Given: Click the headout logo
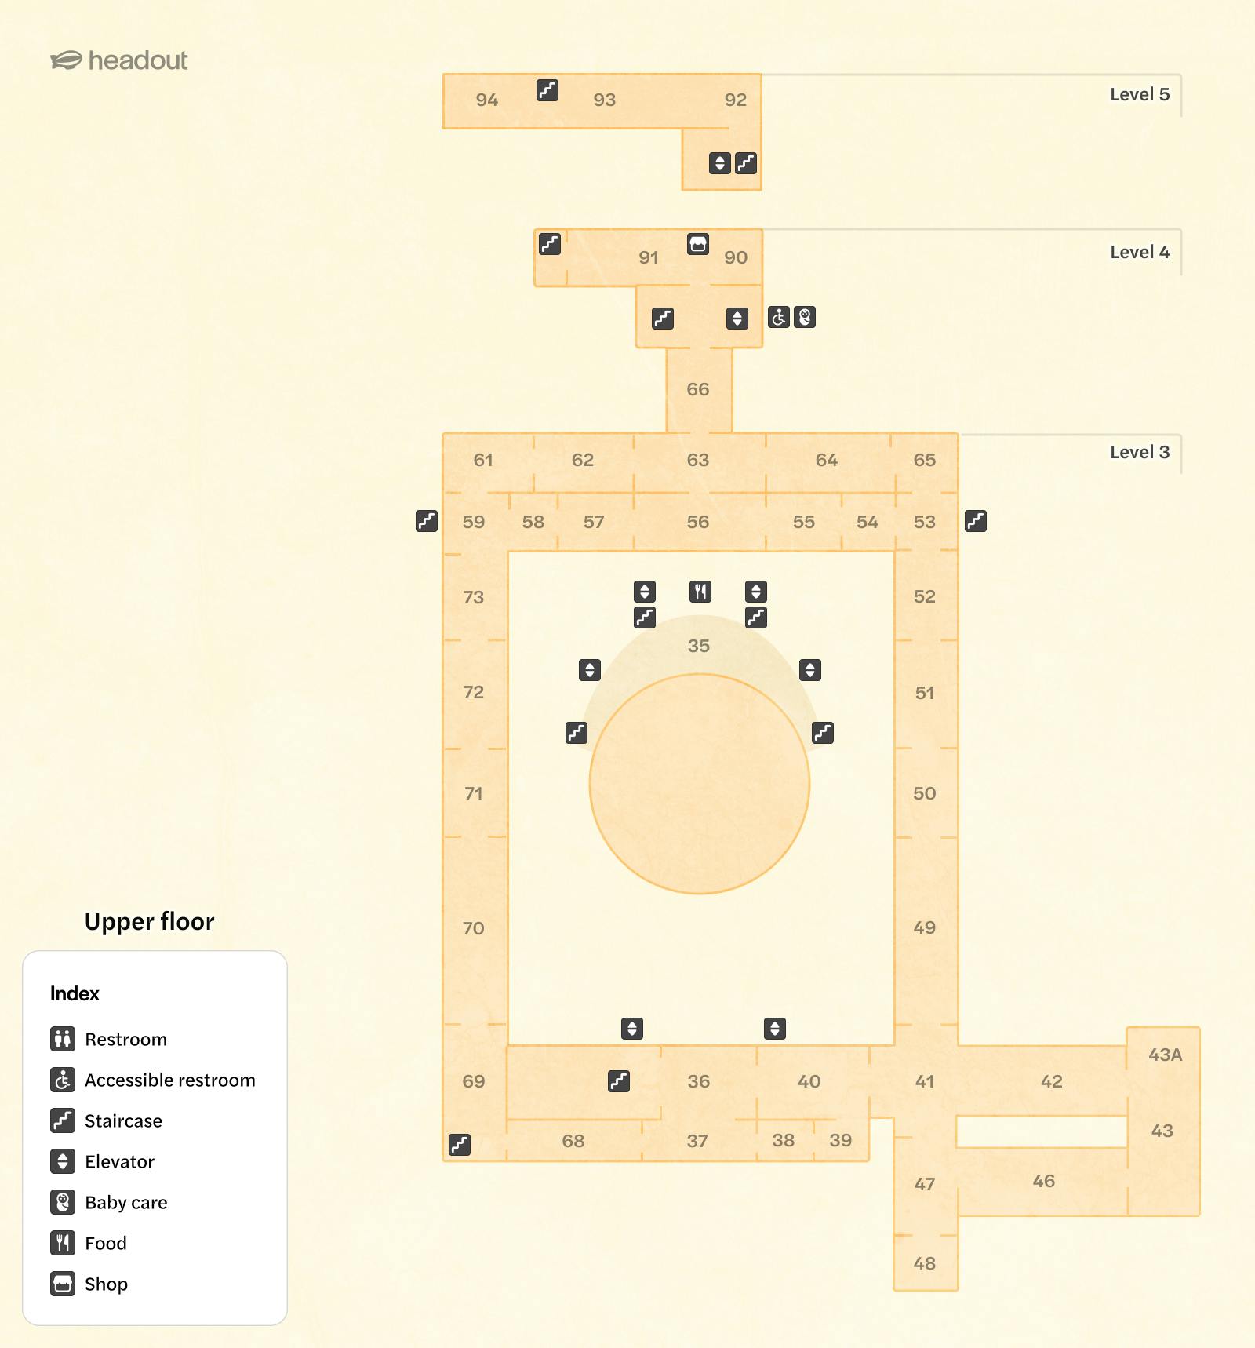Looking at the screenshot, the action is click(119, 60).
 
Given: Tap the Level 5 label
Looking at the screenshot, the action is click(1139, 94).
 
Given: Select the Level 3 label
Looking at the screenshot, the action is click(1139, 452).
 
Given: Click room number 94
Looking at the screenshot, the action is click(486, 100).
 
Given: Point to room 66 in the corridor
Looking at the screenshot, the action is click(697, 389).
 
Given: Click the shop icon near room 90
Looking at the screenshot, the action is click(697, 244).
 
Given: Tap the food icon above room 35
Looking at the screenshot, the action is click(700, 591).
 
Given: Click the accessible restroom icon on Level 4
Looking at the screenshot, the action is click(779, 317).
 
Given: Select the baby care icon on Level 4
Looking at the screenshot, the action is click(805, 317).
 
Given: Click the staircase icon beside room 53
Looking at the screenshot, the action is click(976, 521).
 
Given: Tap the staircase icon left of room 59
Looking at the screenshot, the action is click(427, 521).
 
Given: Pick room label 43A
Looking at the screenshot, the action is click(1165, 1055).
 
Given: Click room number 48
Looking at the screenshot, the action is click(924, 1263).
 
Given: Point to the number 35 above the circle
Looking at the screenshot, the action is click(698, 646).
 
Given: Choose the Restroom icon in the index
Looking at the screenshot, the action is click(63, 1039).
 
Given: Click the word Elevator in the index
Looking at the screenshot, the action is click(119, 1161).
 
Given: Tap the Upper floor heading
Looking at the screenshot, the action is click(149, 921).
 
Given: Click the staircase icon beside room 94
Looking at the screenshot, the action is click(547, 90).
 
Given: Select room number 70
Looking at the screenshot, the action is click(473, 928).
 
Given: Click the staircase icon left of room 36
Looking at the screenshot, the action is click(619, 1081).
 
